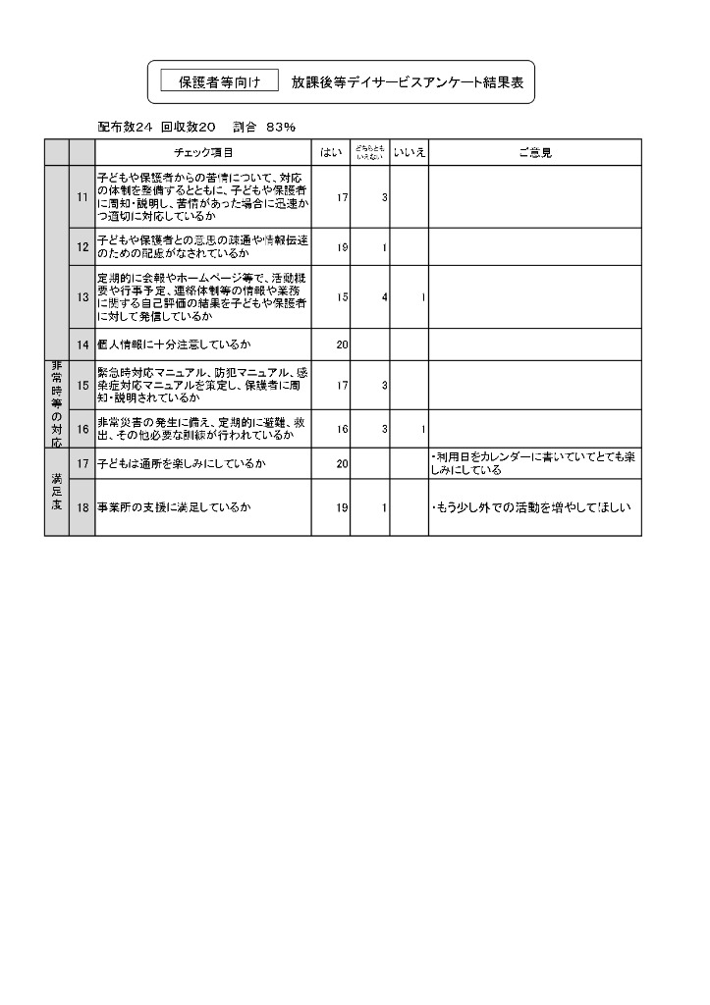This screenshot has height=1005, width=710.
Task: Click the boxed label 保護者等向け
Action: (x=219, y=83)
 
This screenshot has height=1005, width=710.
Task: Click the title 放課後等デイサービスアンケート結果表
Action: (x=408, y=83)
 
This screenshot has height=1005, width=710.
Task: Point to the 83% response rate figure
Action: (x=281, y=127)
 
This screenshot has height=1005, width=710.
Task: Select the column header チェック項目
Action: (x=203, y=152)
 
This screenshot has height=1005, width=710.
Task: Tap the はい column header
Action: (x=331, y=152)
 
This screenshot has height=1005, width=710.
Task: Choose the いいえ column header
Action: (x=409, y=152)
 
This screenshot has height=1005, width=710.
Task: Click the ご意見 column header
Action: (x=534, y=152)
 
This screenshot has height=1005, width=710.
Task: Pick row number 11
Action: (x=82, y=197)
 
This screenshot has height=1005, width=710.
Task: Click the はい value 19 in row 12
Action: (x=342, y=247)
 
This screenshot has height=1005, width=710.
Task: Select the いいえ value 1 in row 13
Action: (x=422, y=296)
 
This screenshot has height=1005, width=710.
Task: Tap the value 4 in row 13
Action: (x=384, y=296)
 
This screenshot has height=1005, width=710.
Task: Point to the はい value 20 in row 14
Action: (x=342, y=344)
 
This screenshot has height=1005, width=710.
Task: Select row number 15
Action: (x=82, y=385)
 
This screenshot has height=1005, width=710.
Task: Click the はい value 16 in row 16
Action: (x=342, y=428)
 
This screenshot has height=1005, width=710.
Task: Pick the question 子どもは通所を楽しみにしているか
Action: (x=183, y=463)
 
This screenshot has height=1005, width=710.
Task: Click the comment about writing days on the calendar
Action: (x=533, y=463)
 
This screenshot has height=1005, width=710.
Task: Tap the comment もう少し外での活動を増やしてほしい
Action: (x=530, y=507)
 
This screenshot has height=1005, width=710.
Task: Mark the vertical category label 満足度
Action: (x=56, y=492)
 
